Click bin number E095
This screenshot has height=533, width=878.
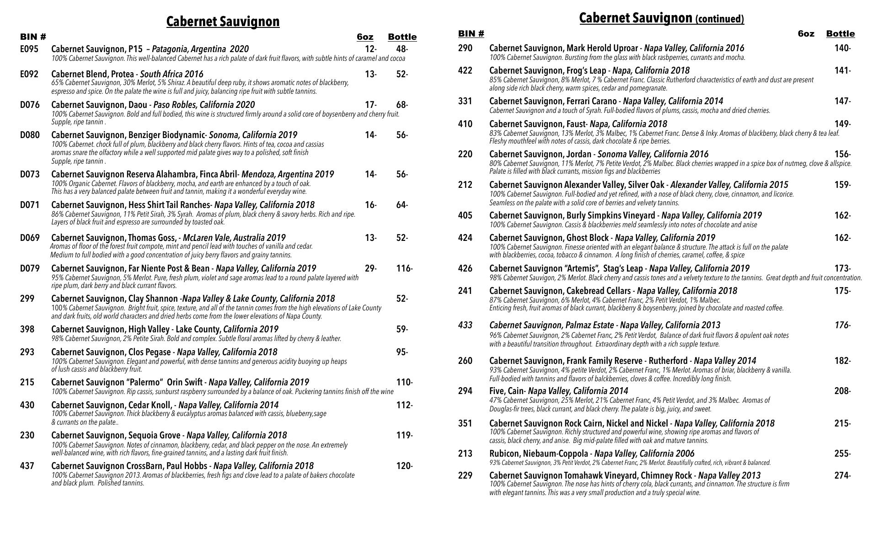click(x=29, y=49)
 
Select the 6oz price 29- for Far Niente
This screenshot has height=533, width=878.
click(x=370, y=268)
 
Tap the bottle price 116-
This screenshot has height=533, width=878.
click(x=404, y=268)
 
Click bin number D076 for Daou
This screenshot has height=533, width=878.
click(x=30, y=105)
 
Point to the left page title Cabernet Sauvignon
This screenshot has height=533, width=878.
click(x=223, y=21)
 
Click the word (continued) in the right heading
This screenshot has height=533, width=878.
click(x=719, y=19)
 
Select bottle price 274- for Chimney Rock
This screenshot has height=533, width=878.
click(x=842, y=475)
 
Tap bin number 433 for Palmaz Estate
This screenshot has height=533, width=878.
click(x=465, y=325)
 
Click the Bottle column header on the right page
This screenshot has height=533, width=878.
click(x=840, y=33)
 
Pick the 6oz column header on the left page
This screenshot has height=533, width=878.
click(x=365, y=37)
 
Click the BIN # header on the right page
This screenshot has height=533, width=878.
click(x=471, y=33)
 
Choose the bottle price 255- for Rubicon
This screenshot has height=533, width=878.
click(x=842, y=453)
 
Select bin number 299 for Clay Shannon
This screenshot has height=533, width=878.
click(x=27, y=298)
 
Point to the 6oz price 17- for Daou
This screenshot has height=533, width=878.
click(x=370, y=105)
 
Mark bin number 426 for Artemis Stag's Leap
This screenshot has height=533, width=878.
click(x=465, y=268)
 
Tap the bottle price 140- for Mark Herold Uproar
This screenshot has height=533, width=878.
click(x=842, y=48)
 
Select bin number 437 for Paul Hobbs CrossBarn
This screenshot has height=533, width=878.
click(x=27, y=466)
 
